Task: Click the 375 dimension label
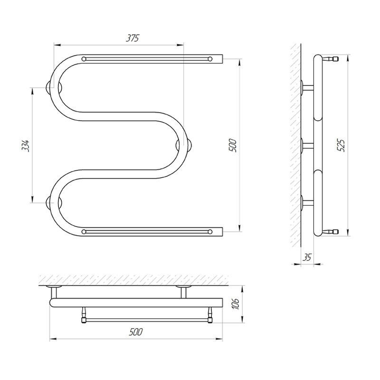(x=133, y=38)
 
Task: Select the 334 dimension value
(x=26, y=145)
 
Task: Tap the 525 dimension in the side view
(x=341, y=145)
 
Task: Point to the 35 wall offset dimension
(x=307, y=257)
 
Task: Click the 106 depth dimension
(x=235, y=304)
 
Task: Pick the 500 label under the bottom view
(x=136, y=332)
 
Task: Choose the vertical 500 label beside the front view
(x=232, y=145)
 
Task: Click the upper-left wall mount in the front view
(x=54, y=87)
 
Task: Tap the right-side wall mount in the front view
(x=184, y=145)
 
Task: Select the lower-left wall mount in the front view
(x=54, y=203)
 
